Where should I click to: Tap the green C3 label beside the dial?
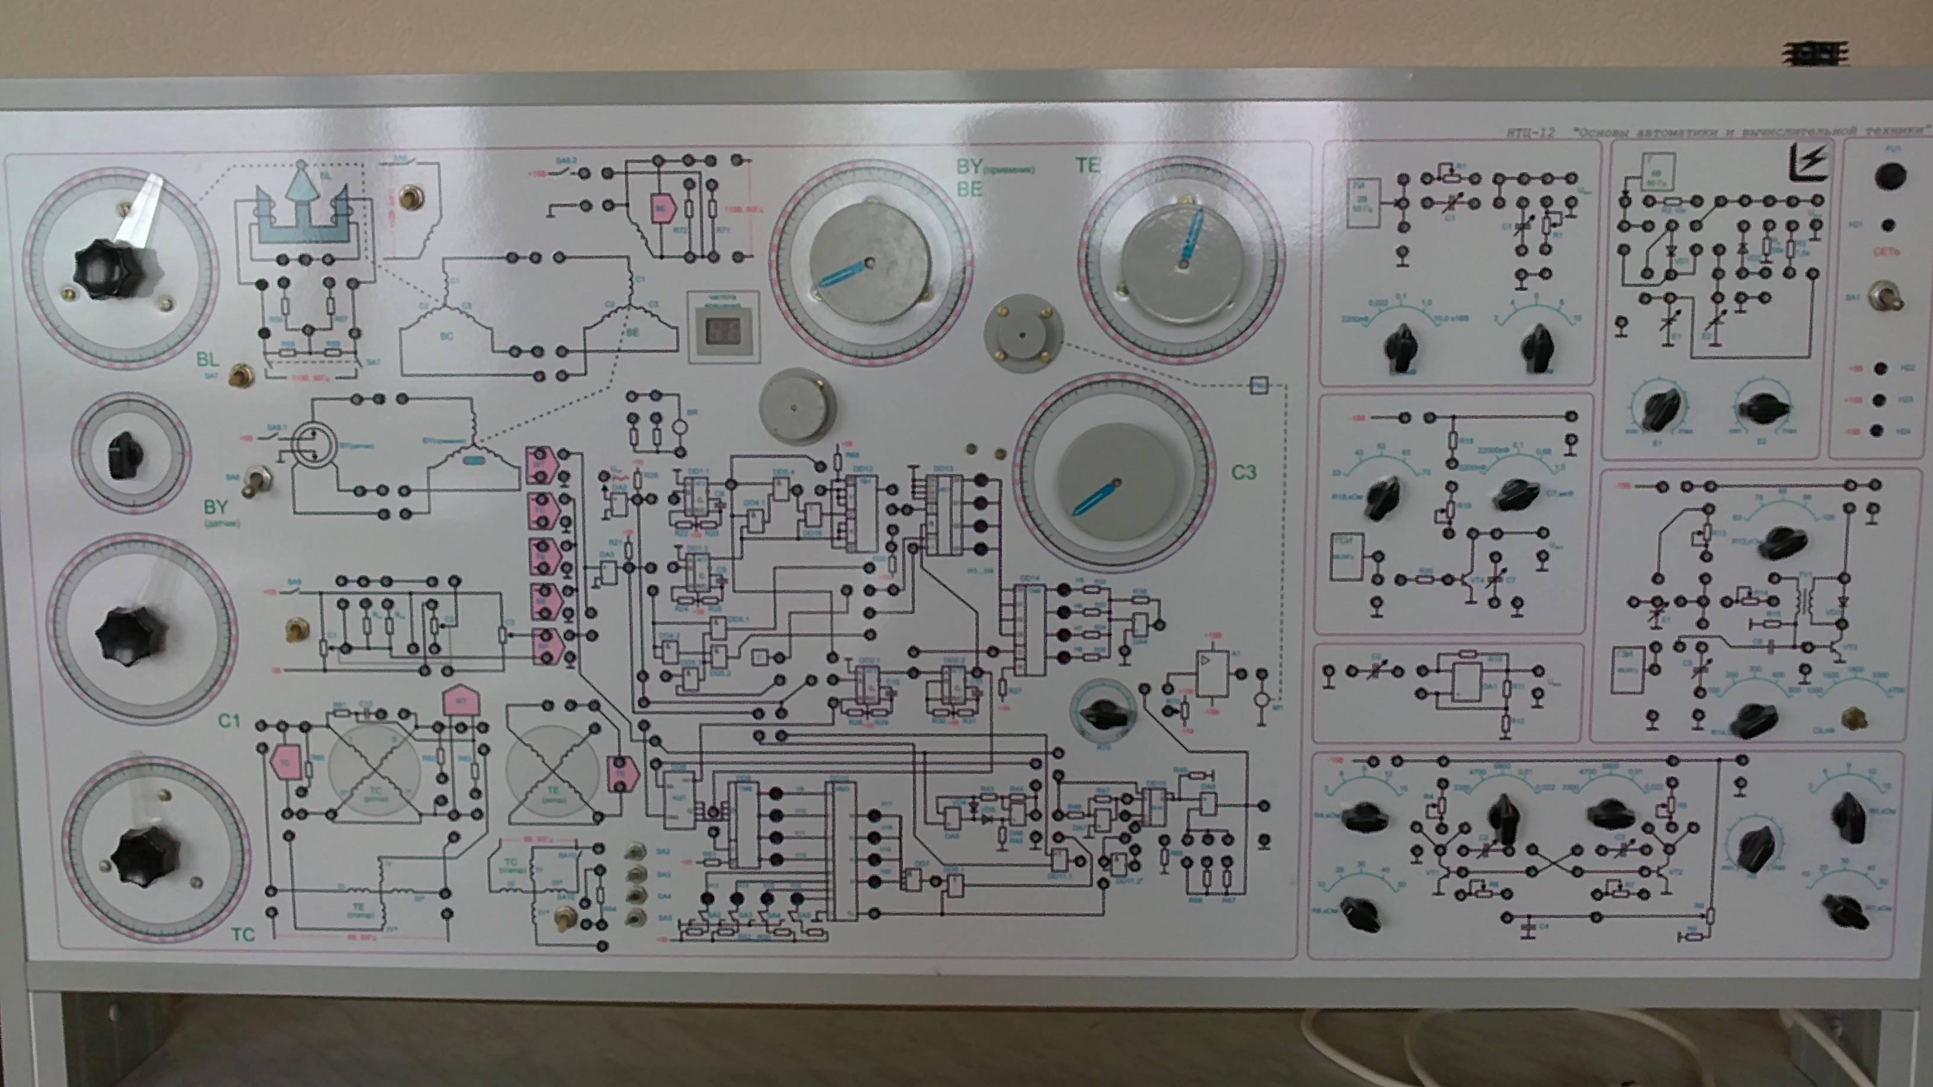point(1244,472)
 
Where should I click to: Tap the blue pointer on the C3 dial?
point(1096,497)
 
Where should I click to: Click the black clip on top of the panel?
point(1815,53)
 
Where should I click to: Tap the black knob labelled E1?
point(1659,410)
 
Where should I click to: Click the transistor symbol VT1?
point(1439,873)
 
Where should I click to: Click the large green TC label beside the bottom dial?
point(242,934)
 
